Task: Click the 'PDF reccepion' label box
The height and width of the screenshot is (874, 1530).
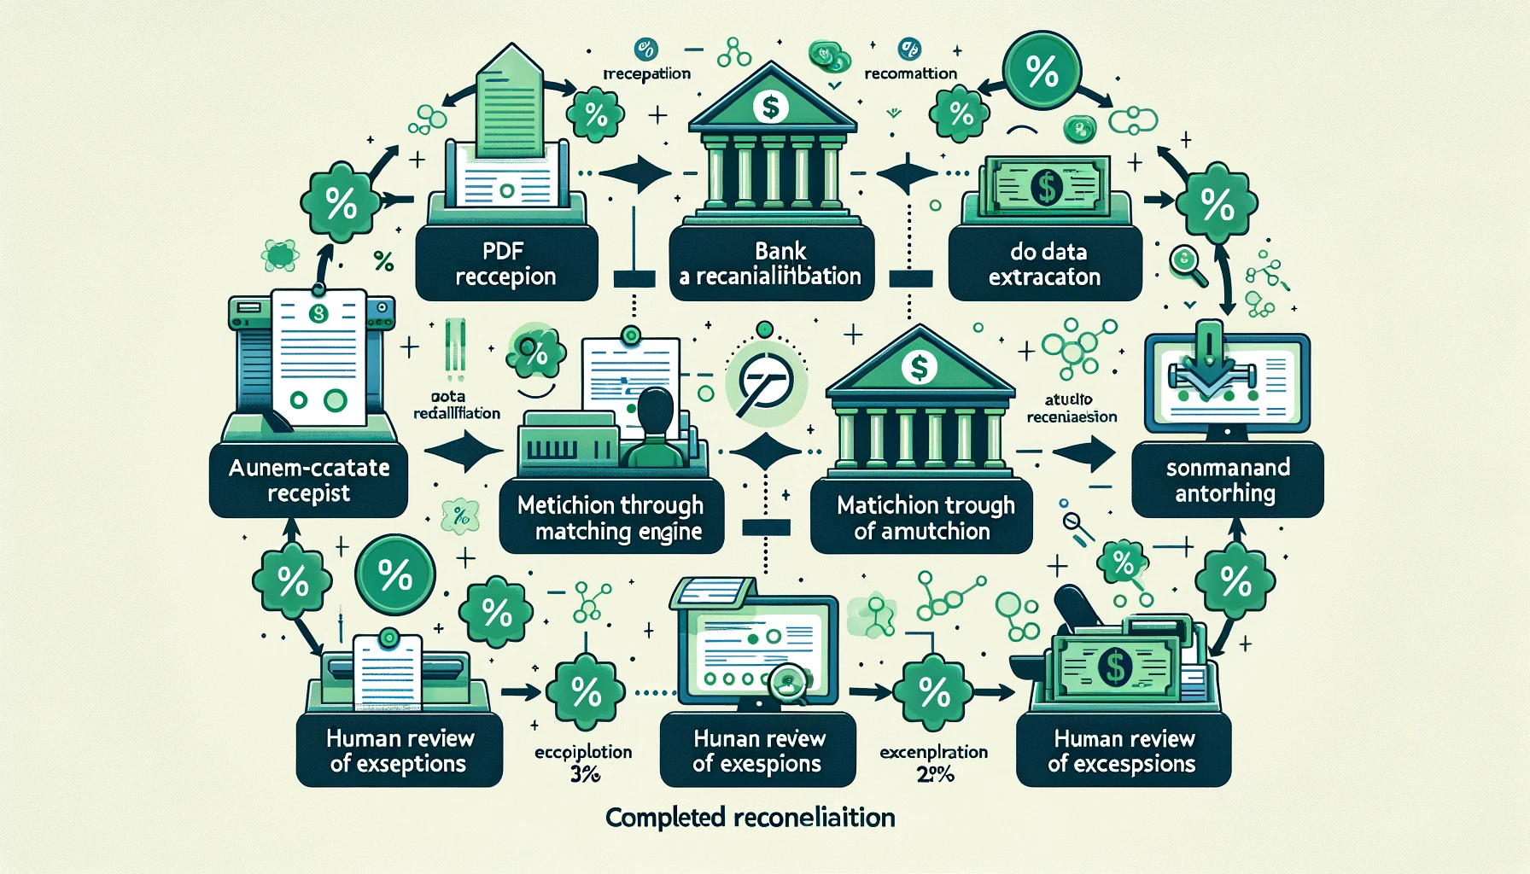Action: (505, 264)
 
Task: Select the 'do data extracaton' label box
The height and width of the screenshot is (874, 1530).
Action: (1045, 264)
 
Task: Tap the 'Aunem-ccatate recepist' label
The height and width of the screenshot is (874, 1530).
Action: (308, 480)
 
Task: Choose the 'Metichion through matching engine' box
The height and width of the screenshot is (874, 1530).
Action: (611, 517)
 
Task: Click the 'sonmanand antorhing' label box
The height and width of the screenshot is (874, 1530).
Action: (1227, 480)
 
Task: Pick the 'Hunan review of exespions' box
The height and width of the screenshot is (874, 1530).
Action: (757, 750)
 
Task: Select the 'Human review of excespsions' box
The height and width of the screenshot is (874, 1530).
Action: (1123, 750)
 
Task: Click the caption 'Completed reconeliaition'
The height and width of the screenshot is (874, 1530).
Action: (750, 818)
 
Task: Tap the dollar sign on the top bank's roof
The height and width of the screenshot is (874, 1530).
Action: (771, 107)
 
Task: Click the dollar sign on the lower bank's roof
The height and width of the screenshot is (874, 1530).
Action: (919, 367)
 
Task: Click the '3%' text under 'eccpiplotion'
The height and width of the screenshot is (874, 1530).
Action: (584, 775)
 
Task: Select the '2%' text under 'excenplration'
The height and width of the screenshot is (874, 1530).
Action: (935, 775)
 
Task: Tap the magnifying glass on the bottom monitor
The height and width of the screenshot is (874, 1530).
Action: (790, 684)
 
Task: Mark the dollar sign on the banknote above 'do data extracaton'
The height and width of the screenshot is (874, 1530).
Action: (1047, 187)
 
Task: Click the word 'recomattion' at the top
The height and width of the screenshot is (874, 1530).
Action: (910, 73)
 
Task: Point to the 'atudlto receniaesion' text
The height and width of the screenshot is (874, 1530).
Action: (1071, 408)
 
